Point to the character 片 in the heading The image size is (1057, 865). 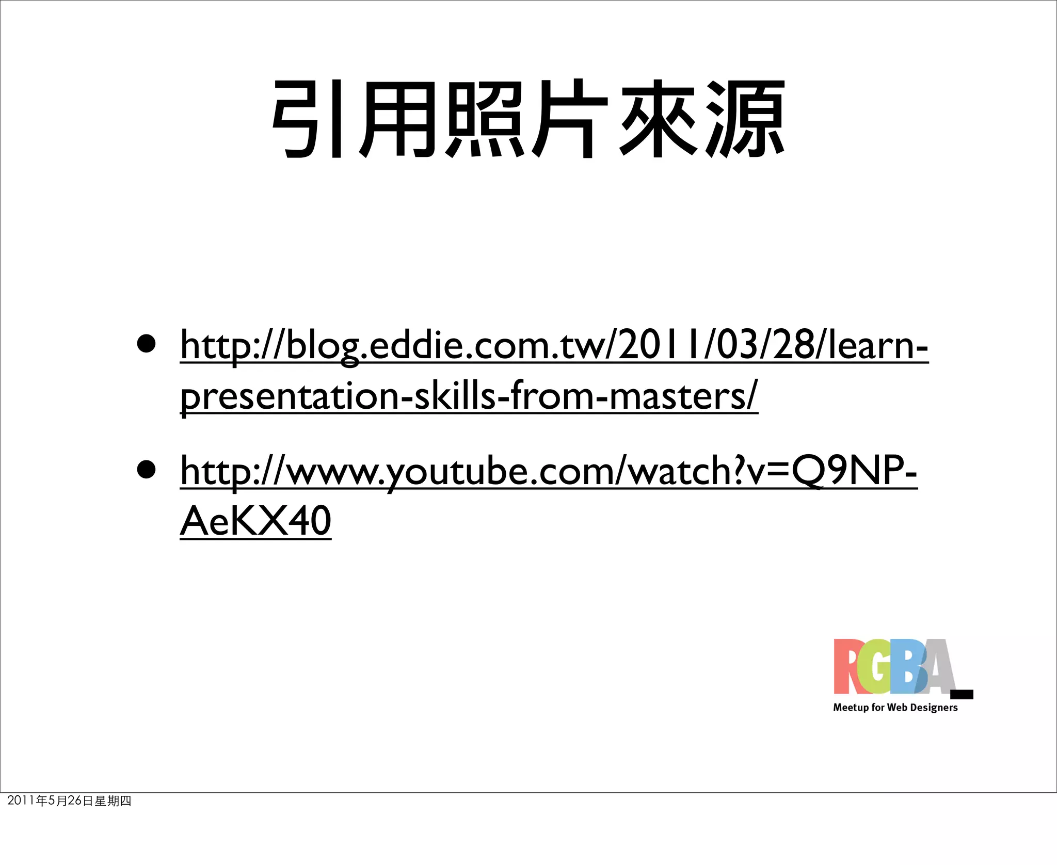[568, 119]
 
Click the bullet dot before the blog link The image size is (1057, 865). [147, 344]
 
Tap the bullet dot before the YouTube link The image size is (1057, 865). [147, 470]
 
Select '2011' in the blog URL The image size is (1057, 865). [661, 345]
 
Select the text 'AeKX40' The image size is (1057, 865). [255, 521]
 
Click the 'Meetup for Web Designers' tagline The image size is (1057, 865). [895, 708]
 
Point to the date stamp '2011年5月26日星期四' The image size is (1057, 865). [69, 800]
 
